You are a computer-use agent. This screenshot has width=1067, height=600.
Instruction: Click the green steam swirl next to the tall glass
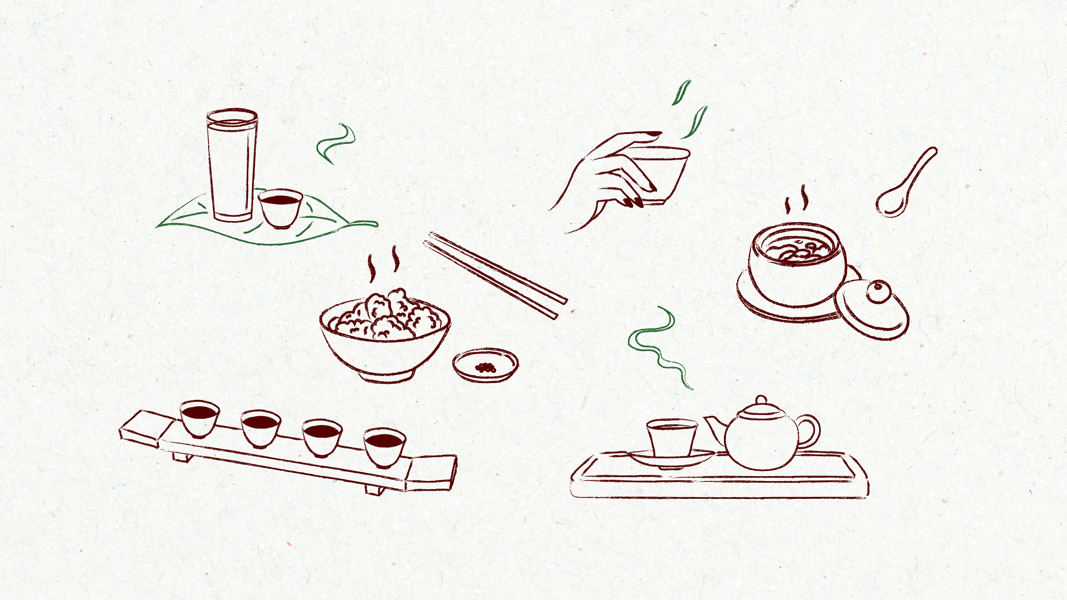[x=336, y=143]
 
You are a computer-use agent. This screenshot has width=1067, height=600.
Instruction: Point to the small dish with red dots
[x=485, y=365]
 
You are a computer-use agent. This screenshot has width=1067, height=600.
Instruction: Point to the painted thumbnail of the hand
[x=653, y=134]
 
